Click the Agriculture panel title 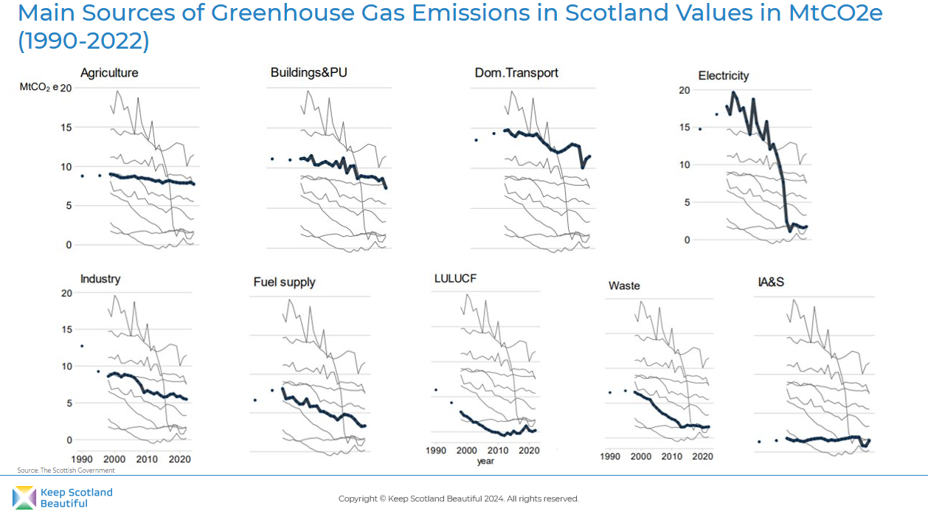coord(109,73)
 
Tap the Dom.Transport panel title coord(516,72)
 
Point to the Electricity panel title coord(724,75)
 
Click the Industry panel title coord(100,279)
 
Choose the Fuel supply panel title coord(284,282)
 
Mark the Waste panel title coord(624,285)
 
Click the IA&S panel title coord(770,282)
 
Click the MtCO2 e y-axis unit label coord(39,89)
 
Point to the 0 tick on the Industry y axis coord(69,440)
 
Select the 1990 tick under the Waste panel coord(610,457)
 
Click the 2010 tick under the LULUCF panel coord(498,450)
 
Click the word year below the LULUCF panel coord(485,461)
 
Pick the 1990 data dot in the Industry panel coord(82,346)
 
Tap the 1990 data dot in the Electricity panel coord(700,129)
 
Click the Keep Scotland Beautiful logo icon coord(24,498)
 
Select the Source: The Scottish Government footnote coord(66,470)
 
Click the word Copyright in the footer coord(357,499)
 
